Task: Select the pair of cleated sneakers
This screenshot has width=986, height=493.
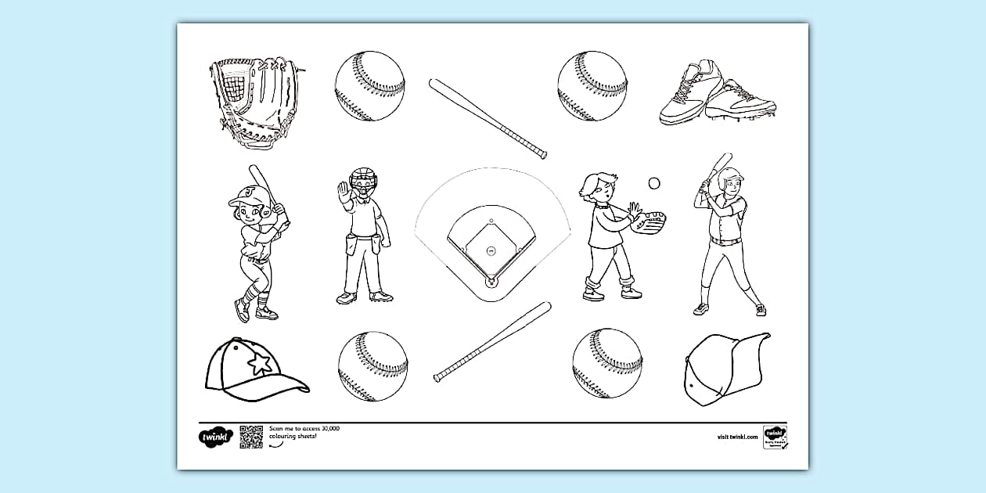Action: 716,94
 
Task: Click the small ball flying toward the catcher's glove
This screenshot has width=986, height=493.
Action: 654,183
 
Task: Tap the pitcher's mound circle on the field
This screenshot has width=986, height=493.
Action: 491,250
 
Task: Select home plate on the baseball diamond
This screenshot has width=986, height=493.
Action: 491,280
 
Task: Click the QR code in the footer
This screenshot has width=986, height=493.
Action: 251,437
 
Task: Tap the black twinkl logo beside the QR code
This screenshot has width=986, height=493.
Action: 213,437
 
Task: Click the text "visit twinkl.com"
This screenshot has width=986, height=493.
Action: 736,437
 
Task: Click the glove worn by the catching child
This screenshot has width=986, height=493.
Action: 650,222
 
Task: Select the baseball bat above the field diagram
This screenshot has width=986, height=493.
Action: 487,117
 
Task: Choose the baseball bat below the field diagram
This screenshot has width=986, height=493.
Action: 492,342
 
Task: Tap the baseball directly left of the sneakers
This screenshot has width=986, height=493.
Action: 592,86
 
